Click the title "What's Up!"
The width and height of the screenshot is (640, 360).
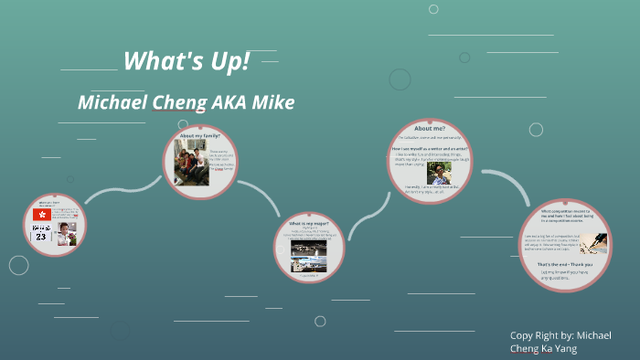pos(186,62)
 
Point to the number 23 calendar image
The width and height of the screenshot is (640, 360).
pos(41,236)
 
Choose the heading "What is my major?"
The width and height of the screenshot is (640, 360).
pos(308,224)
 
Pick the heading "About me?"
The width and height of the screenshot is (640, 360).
pos(430,129)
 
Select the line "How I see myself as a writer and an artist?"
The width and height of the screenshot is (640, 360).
pos(432,148)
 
